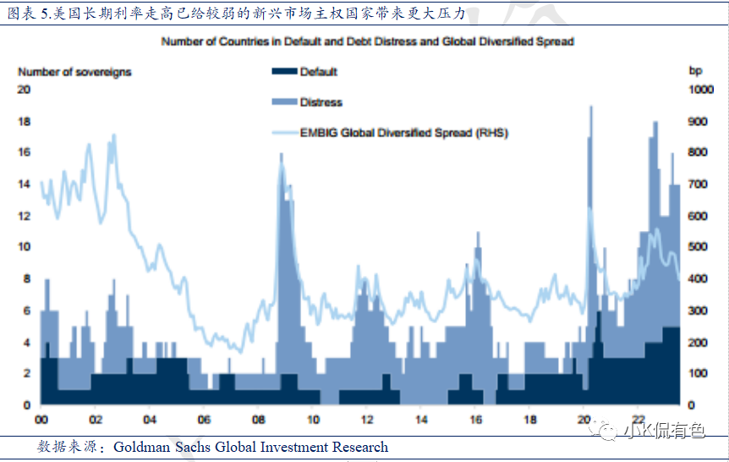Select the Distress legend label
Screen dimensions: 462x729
321,102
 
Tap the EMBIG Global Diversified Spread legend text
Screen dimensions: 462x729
403,133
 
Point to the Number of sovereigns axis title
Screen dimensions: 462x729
74,72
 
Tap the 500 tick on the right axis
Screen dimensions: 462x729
695,247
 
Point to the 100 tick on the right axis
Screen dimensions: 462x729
695,373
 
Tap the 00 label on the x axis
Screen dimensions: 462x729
41,419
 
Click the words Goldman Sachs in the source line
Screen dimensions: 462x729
158,447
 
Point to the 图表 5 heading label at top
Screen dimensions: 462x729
25,12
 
